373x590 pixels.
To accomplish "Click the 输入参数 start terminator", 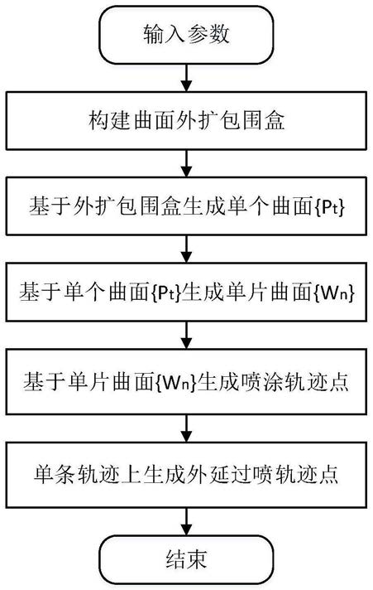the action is pyautogui.click(x=186, y=35).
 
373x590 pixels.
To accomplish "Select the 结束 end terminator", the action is pyautogui.click(x=186, y=559).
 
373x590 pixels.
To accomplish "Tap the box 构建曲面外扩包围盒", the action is pyautogui.click(x=186, y=120).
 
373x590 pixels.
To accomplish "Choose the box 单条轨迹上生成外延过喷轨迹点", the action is pyautogui.click(x=186, y=475).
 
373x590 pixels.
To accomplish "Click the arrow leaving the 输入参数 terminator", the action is pyautogui.click(x=186, y=78).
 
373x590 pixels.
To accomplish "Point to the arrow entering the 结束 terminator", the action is pyautogui.click(x=186, y=521).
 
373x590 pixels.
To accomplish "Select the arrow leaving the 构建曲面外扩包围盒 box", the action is pyautogui.click(x=186, y=164).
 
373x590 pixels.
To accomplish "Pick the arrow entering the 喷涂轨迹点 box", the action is pyautogui.click(x=186, y=336).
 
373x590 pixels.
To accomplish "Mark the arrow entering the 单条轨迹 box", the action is pyautogui.click(x=186, y=428).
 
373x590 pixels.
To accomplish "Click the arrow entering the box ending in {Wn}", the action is pyautogui.click(x=186, y=249).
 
